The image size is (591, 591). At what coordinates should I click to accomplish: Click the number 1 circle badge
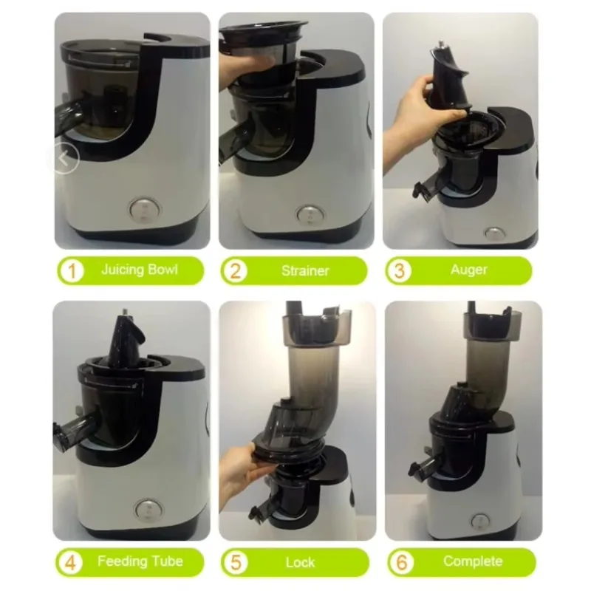72,271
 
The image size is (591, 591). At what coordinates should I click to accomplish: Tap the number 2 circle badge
235,271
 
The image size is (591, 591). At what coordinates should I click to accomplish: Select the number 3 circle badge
399,271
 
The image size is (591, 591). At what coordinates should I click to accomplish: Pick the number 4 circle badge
70,563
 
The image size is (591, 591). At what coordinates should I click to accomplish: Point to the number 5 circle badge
235,563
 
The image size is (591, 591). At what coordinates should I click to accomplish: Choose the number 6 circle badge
401,563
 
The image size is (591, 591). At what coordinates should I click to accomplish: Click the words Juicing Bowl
140,270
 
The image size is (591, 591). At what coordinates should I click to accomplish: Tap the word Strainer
305,270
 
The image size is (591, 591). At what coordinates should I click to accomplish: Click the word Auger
469,270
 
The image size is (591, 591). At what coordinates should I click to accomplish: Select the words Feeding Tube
140,561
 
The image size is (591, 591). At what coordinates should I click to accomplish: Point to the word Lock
300,562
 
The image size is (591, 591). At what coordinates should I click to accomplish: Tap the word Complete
473,561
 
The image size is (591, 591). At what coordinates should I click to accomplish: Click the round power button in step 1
143,210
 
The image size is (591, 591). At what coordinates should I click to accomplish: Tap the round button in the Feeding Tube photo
149,510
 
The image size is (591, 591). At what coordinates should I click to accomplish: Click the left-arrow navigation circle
64,158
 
